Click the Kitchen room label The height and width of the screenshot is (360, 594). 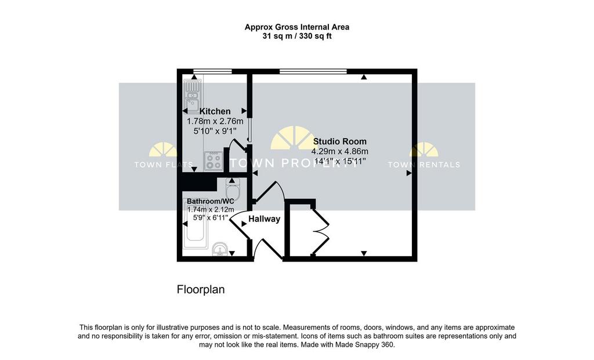215,111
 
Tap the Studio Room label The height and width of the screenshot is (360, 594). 340,141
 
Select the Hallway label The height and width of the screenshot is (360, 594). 265,219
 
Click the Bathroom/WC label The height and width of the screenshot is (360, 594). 211,201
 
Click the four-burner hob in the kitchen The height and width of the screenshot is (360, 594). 213,162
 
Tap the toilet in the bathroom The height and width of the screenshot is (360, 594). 233,189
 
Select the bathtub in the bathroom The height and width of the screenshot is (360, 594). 195,225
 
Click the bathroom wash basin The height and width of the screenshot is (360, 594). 219,250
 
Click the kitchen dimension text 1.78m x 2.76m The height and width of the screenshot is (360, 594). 215,122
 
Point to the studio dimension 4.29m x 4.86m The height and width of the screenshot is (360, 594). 340,151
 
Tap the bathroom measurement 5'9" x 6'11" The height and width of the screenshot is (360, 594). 211,217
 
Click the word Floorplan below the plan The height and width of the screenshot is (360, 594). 201,290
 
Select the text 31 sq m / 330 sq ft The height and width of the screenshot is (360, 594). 297,37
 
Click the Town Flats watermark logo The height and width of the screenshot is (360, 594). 163,155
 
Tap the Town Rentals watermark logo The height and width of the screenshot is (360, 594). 424,155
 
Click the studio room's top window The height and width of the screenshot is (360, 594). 313,71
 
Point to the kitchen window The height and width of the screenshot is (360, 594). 212,71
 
